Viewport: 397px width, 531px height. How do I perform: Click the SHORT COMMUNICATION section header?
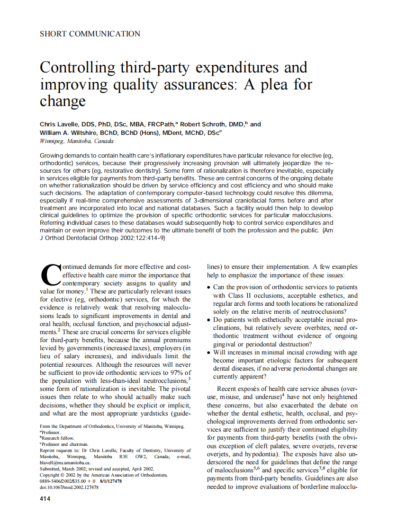[x=90, y=34]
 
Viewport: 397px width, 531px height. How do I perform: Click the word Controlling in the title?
[x=78, y=67]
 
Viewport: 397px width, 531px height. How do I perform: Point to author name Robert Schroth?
[x=199, y=124]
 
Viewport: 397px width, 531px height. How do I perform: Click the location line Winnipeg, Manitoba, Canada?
[x=77, y=142]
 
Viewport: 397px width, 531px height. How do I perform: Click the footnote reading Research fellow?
[x=59, y=438]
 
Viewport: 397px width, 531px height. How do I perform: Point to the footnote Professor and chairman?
[x=65, y=444]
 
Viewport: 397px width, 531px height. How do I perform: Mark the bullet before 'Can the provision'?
[x=209, y=288]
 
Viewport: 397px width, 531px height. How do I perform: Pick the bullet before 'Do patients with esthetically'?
[x=209, y=320]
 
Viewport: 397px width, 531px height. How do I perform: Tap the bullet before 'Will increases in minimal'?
[x=209, y=353]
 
